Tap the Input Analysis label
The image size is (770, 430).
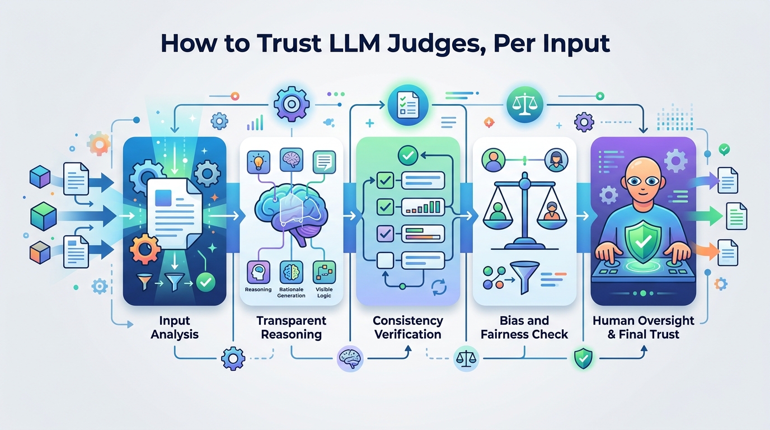(x=175, y=328)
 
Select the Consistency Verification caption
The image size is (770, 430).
(x=408, y=328)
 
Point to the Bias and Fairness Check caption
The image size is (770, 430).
(x=524, y=328)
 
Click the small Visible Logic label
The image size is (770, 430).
(x=323, y=292)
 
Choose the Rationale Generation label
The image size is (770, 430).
(x=291, y=292)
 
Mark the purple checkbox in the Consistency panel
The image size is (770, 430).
(x=385, y=233)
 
